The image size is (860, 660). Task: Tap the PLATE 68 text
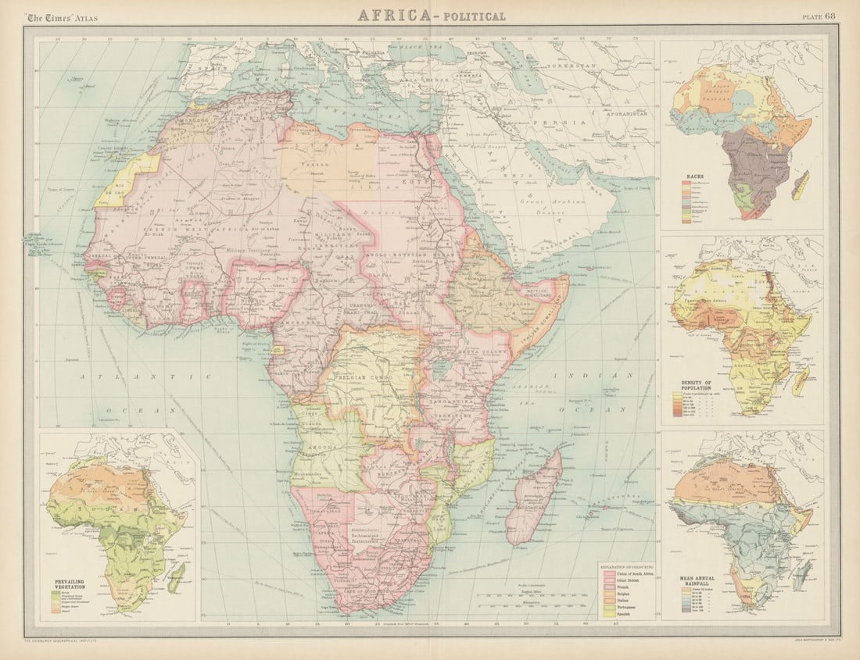[818, 16]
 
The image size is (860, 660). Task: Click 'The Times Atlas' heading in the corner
[61, 16]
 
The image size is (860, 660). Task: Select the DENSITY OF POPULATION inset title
[698, 384]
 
